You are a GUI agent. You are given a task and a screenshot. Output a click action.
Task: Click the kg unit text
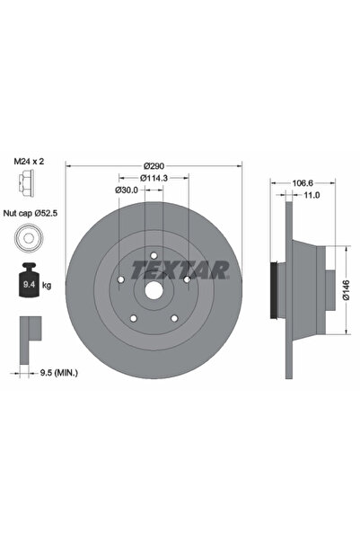48,285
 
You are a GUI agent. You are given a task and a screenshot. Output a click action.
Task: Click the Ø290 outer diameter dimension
154,166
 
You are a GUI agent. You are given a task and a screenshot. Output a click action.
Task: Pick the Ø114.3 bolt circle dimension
154,178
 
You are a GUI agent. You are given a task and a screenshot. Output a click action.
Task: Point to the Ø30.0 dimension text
127,190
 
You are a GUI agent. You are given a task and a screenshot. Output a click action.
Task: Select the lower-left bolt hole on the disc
133,317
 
